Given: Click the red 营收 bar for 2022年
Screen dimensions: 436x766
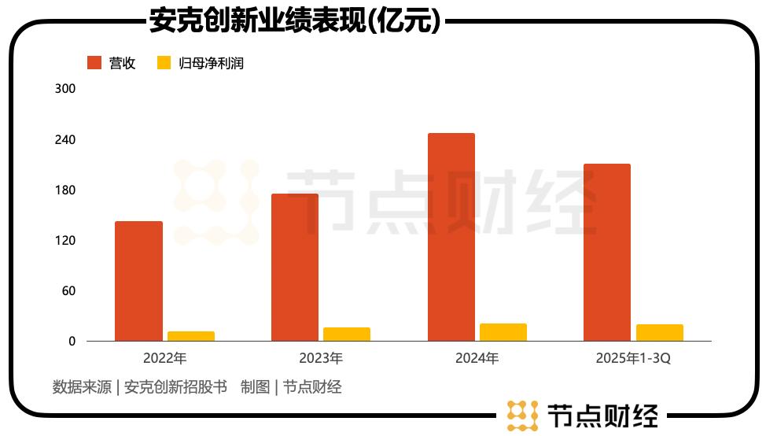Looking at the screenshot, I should tap(138, 281).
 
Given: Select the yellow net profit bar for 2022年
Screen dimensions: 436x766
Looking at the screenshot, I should tap(191, 336).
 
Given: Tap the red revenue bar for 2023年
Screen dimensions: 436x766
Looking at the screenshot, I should tap(295, 268).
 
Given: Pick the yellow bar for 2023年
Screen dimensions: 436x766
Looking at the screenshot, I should tap(347, 334).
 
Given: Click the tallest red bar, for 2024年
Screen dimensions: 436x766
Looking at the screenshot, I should tap(451, 237).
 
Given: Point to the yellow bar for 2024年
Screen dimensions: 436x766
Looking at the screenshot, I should tap(503, 332).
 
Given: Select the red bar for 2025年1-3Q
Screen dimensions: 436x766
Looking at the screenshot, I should tap(607, 253).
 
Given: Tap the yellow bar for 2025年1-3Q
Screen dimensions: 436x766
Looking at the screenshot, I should tap(660, 332).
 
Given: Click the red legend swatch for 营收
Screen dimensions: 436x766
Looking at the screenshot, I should tap(94, 63).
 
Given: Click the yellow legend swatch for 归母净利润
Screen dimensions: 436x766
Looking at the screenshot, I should tap(164, 63).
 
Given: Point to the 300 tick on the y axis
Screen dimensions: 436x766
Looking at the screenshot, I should tap(65, 89).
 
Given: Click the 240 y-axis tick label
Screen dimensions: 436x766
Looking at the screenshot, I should tap(65, 139).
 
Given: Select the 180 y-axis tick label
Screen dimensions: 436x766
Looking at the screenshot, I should tap(65, 190).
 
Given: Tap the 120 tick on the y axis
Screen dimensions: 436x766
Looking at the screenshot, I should tap(65, 240).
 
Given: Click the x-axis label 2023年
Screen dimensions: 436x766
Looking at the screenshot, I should tap(321, 358).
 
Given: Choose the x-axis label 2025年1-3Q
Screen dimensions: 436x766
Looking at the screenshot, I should tap(633, 358).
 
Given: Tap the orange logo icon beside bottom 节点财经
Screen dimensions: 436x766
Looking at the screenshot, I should tap(521, 415).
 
